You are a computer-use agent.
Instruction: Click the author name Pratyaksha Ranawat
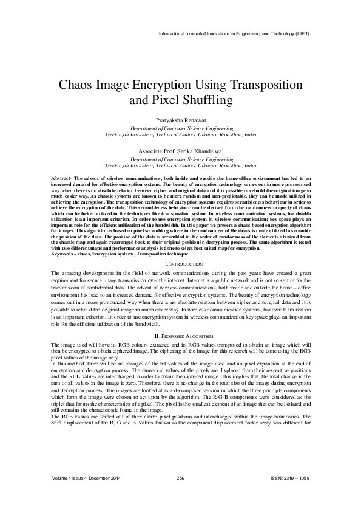180,122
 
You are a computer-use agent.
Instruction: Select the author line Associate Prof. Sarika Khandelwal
180,150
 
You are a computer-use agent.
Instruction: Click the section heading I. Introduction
180,264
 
